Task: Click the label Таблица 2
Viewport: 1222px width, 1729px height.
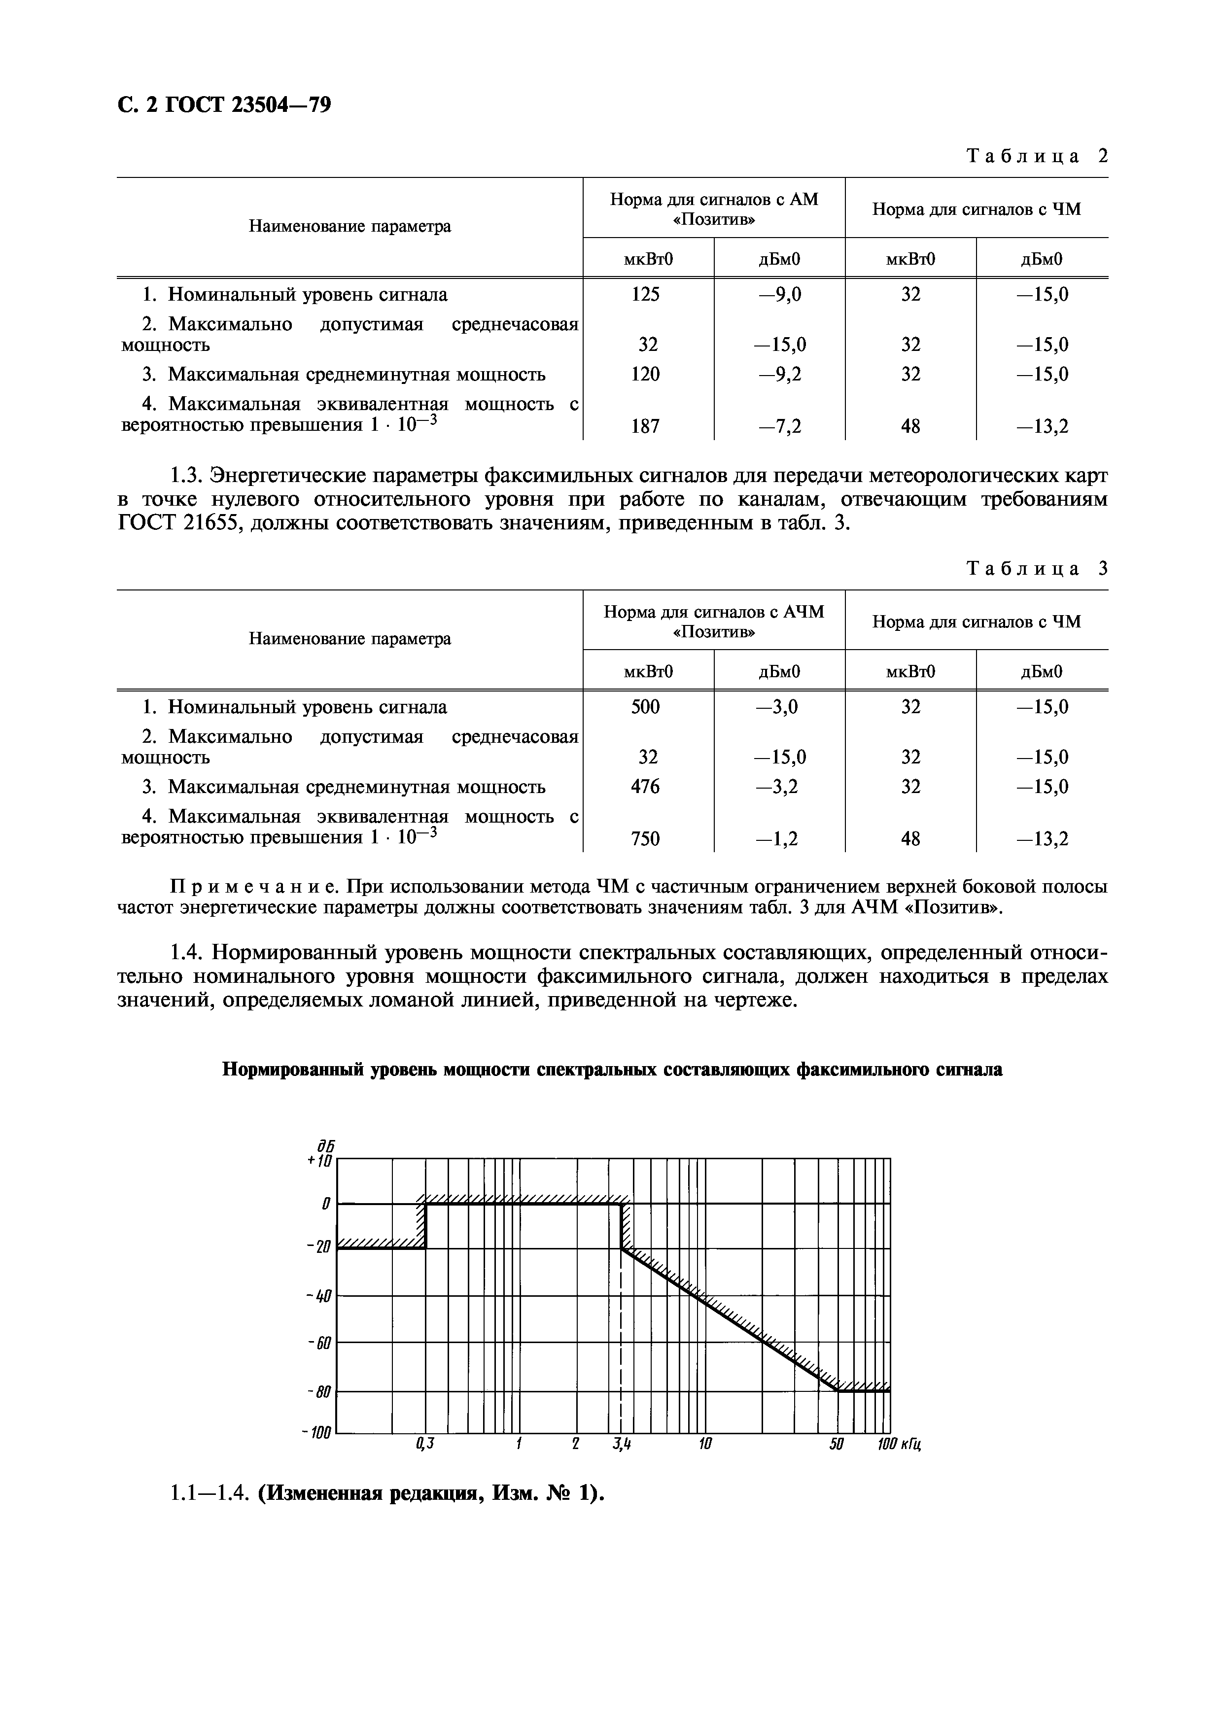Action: click(1037, 156)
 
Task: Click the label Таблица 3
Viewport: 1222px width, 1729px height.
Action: click(1037, 569)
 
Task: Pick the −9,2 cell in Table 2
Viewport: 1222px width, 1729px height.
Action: click(779, 374)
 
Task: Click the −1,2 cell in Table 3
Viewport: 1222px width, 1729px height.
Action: click(779, 838)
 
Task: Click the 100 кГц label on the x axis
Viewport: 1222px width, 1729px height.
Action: click(899, 1444)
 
